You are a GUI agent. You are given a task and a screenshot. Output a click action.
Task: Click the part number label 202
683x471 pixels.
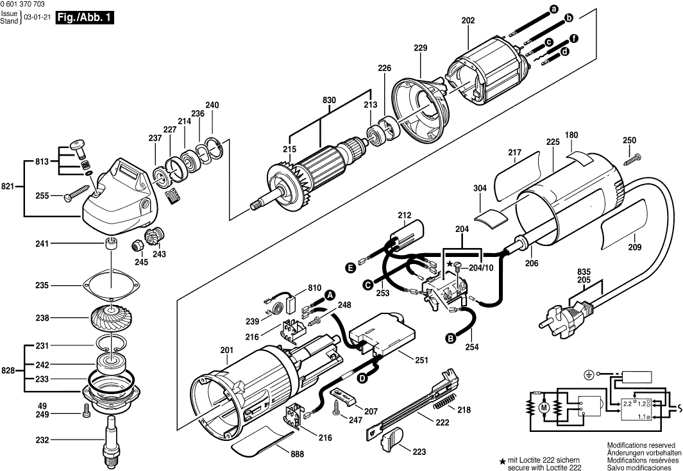click(468, 21)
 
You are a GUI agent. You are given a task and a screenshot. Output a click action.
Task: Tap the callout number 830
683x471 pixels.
click(329, 101)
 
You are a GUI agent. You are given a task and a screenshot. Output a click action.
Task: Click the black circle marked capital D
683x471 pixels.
click(362, 378)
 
